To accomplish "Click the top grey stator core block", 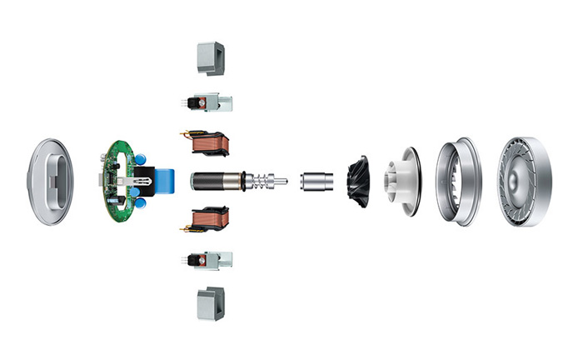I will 209,57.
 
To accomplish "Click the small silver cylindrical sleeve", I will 315,180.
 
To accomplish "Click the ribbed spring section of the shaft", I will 261,180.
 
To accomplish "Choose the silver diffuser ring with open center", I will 456,182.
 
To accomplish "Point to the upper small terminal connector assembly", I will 207,102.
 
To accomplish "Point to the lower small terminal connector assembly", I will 207,260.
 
